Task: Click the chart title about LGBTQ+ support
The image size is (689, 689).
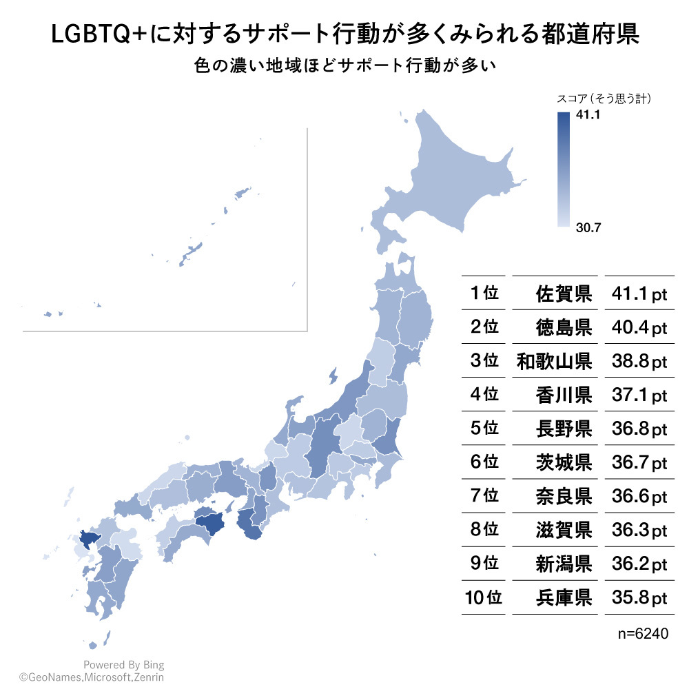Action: pos(344,35)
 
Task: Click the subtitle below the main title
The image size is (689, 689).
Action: pos(344,68)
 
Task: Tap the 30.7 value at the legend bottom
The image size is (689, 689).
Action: pos(588,228)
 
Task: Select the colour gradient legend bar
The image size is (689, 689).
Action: pos(563,169)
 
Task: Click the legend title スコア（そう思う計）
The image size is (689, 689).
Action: pos(604,99)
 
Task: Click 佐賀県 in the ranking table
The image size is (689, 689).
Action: pos(564,294)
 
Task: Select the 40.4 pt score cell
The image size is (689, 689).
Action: pos(639,327)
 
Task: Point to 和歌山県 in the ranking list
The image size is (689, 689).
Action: pos(554,361)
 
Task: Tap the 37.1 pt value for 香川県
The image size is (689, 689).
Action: pos(639,395)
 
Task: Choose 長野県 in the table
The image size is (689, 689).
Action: pos(564,429)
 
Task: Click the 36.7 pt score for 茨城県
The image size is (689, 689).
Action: pos(639,462)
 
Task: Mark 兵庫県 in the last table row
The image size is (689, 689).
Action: pos(564,597)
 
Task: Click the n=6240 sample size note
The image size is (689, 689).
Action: pos(644,633)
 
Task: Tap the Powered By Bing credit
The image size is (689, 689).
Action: pos(123,665)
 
